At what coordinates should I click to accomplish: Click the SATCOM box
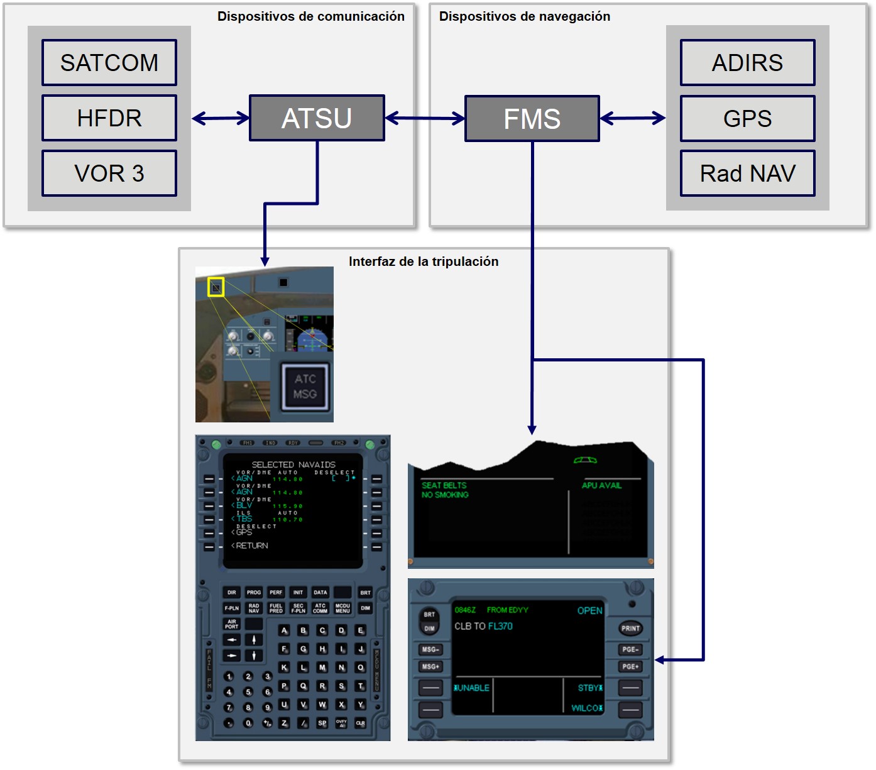[109, 63]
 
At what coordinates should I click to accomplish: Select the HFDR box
[109, 118]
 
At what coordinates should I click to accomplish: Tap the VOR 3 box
[109, 173]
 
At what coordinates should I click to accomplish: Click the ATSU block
[317, 118]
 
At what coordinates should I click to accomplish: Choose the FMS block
[532, 119]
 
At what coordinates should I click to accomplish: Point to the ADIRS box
[747, 63]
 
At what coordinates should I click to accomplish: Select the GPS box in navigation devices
[747, 119]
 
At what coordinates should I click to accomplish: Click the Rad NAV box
[747, 173]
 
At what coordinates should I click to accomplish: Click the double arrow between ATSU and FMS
[425, 118]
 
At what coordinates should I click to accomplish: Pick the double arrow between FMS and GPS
[633, 118]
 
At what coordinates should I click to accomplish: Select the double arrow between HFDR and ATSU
[221, 118]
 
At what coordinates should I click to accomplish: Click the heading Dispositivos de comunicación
[311, 16]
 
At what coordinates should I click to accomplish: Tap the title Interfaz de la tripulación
[424, 261]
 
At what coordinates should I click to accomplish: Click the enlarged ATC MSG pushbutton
[305, 387]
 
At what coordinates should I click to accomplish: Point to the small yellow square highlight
[216, 287]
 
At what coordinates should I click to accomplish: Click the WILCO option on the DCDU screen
[585, 708]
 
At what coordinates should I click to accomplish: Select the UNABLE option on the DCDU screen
[473, 688]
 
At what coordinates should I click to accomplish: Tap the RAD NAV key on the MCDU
[254, 608]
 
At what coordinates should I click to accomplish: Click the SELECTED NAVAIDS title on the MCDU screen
[293, 465]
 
